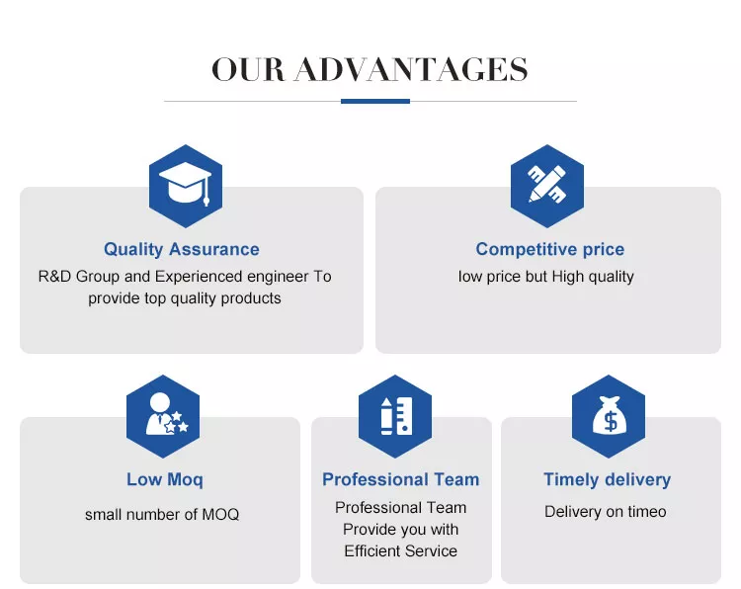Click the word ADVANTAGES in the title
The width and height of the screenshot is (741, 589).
tap(411, 70)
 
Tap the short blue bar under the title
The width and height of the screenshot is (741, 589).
tap(375, 101)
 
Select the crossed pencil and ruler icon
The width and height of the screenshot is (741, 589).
tap(546, 184)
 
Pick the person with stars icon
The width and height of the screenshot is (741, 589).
tap(166, 414)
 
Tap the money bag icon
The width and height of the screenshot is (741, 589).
tap(610, 415)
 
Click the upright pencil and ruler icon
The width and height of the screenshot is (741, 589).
tap(396, 416)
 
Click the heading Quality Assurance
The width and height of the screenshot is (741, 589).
tap(182, 249)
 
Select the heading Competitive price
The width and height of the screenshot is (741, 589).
tap(550, 249)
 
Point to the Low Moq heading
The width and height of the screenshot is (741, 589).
tap(165, 479)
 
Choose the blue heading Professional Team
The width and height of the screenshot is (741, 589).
tap(401, 479)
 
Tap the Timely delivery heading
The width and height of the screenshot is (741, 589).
tap(608, 479)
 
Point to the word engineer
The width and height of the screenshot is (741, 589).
tap(278, 277)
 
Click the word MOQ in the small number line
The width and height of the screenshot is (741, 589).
tap(220, 514)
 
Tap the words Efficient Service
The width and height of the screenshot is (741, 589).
tap(401, 550)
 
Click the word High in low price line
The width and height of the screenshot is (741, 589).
tap(568, 277)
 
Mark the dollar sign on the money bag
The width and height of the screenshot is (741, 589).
tap(611, 421)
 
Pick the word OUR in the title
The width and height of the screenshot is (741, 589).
tap(248, 70)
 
